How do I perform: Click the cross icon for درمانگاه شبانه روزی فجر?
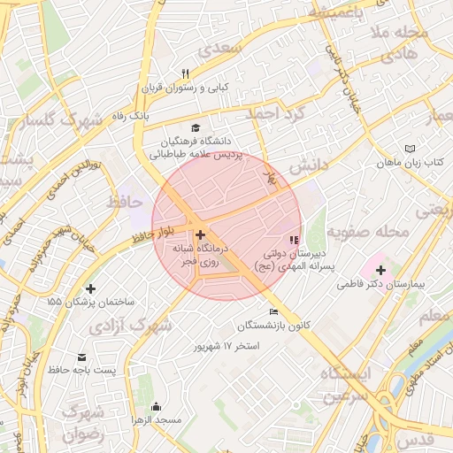pyautogui.click(x=201, y=235)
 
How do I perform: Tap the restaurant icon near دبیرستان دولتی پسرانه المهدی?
pyautogui.click(x=293, y=239)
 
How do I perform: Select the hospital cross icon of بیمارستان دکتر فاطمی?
pyautogui.click(x=380, y=269)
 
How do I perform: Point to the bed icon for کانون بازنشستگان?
pyautogui.click(x=273, y=311)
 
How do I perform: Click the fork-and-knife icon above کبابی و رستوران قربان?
pyautogui.click(x=185, y=73)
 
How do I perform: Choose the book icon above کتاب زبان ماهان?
pyautogui.click(x=408, y=148)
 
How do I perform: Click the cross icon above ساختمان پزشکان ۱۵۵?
pyautogui.click(x=90, y=288)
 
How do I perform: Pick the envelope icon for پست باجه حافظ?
pyautogui.click(x=83, y=355)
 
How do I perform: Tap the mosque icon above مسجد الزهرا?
pyautogui.click(x=157, y=406)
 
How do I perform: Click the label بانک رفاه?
pyautogui.click(x=131, y=116)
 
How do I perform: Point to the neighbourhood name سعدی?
pyautogui.click(x=220, y=50)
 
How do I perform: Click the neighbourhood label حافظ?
pyautogui.click(x=124, y=203)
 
